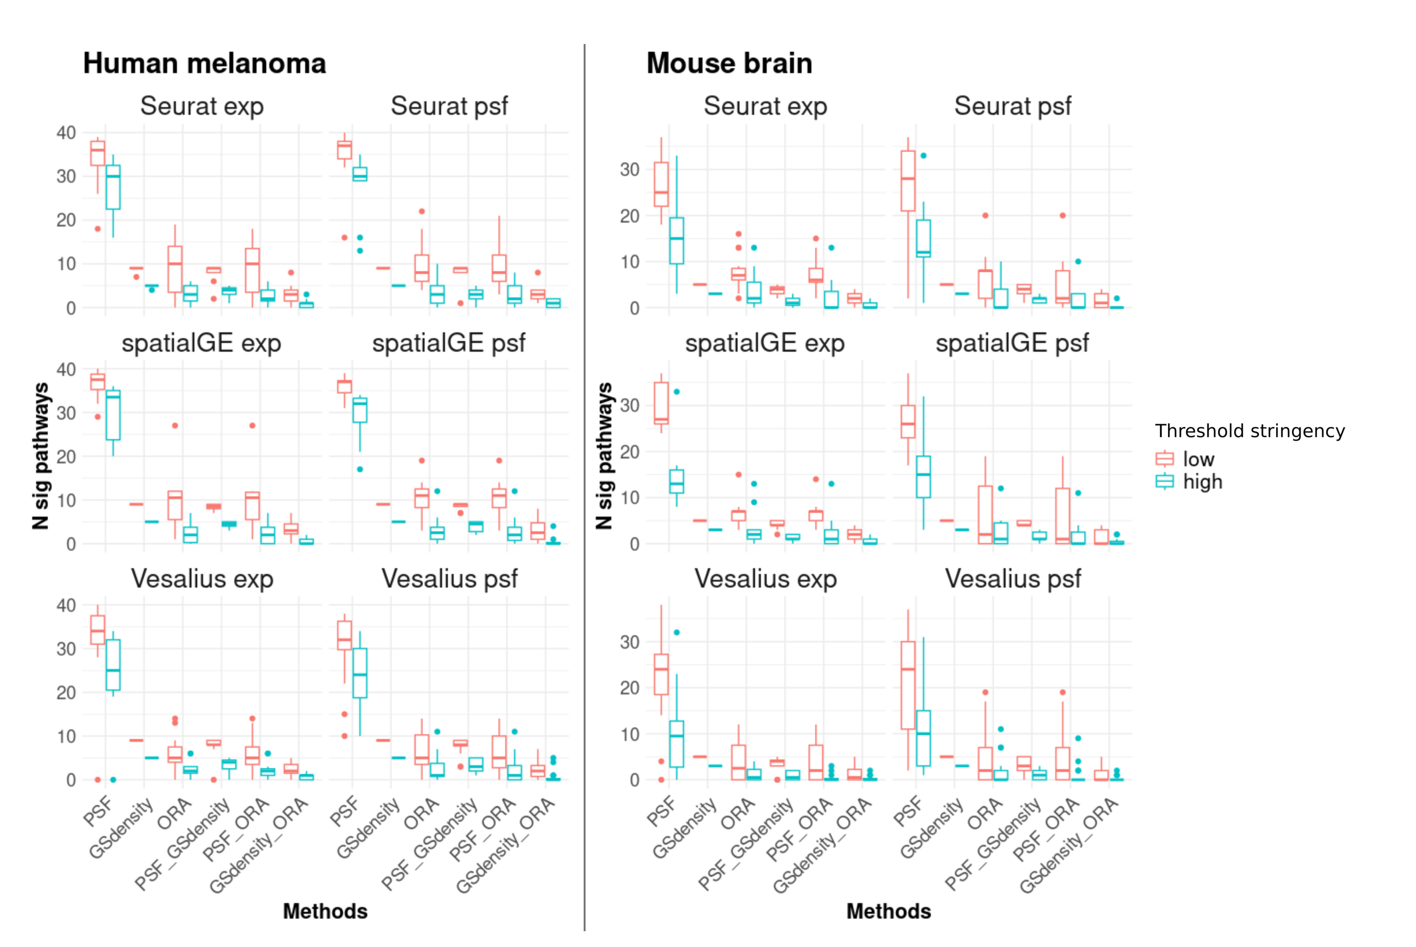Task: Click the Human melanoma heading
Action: click(204, 63)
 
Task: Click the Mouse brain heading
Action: click(729, 63)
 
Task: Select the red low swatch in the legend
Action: click(1164, 459)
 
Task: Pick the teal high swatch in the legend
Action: click(1164, 481)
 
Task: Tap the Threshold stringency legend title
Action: click(1249, 431)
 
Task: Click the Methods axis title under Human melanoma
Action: click(325, 911)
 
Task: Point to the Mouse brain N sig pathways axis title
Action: click(604, 456)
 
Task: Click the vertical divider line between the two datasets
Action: click(584, 483)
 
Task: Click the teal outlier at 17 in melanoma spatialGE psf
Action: click(360, 469)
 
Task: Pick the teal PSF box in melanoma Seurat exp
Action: click(113, 187)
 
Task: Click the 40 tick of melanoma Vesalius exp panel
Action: click(66, 606)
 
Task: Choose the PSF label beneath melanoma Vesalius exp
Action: click(98, 811)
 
